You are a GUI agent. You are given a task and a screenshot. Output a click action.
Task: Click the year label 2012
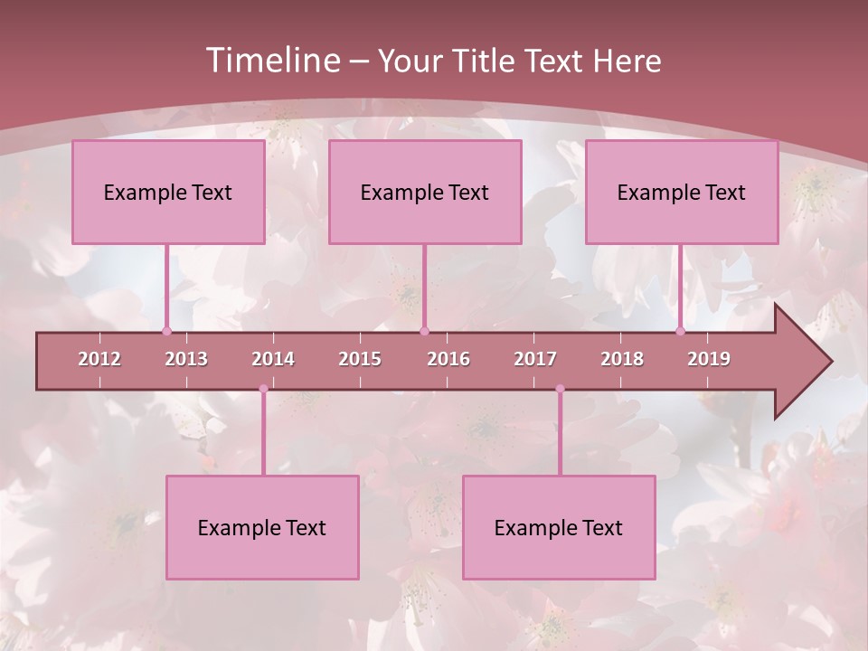99,359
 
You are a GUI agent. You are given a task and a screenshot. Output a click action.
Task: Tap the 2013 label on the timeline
186,359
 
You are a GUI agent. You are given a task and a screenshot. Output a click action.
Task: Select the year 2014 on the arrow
273,359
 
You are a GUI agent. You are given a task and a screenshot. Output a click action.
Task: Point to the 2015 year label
360,359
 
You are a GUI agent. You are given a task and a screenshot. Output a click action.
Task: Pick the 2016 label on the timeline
448,359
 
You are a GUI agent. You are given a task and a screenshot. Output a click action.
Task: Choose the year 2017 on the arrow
535,359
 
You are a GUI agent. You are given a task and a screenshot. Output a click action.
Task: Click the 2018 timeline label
622,359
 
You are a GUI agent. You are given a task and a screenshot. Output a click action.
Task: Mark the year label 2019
709,359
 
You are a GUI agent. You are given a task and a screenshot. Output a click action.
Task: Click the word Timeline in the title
271,61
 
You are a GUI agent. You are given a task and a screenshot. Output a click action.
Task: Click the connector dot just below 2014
263,389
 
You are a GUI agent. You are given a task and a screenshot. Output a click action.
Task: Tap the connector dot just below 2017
560,389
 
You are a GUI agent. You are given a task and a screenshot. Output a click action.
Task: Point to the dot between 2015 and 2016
424,331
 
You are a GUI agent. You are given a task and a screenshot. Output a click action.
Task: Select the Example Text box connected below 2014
262,527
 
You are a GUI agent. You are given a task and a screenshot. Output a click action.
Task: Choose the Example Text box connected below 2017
559,527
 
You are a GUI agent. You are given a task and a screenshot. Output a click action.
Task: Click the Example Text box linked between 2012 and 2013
168,192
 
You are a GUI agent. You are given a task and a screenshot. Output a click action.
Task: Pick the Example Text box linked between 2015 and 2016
425,192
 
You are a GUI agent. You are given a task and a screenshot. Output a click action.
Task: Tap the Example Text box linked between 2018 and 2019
682,192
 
